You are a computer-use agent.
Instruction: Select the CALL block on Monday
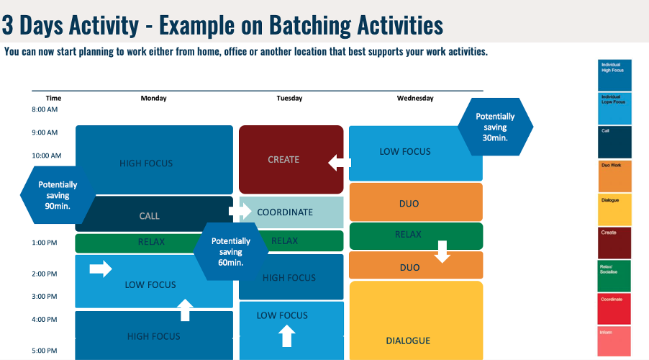pos(150,215)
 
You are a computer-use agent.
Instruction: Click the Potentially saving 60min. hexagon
pos(231,252)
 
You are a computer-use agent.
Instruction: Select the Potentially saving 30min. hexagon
pos(495,127)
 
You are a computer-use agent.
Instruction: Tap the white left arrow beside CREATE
pos(339,163)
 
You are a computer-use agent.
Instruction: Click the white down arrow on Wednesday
pos(442,251)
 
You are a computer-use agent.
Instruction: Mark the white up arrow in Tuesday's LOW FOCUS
pos(286,336)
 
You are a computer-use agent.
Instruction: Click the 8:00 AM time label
pos(45,109)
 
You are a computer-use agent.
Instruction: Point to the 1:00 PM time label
pos(45,243)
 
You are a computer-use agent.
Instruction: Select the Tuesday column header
pos(289,98)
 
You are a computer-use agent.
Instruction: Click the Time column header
pos(53,98)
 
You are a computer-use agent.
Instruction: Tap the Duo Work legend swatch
pos(614,176)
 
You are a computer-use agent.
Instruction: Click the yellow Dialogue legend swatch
pos(614,210)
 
